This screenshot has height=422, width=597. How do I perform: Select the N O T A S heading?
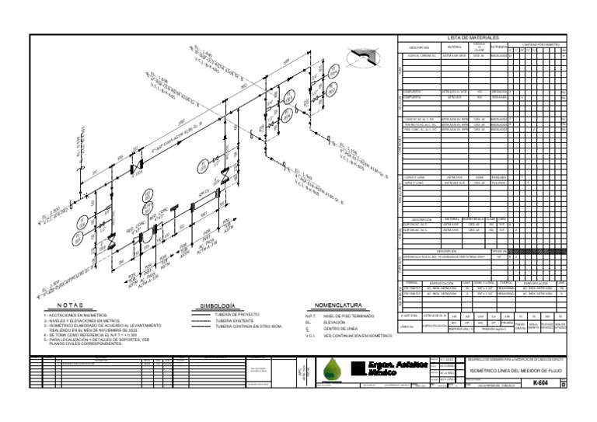71,306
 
